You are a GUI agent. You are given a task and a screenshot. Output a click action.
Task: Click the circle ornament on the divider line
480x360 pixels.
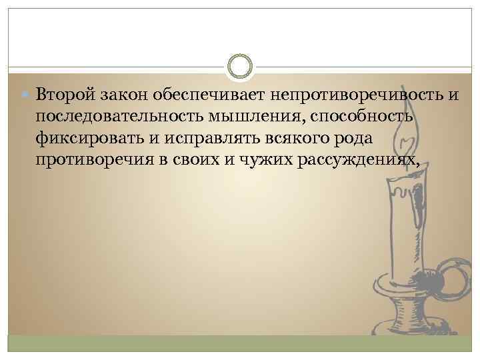point(240,67)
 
